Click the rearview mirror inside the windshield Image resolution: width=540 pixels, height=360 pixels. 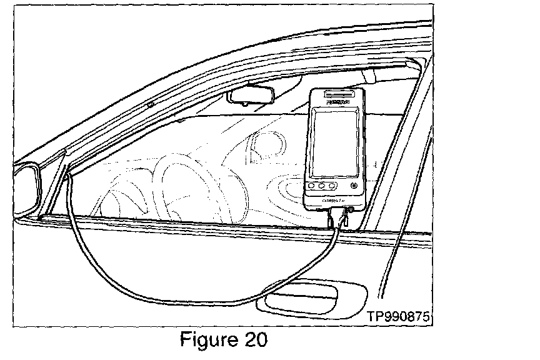(x=248, y=96)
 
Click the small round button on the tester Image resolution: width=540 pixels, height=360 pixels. (x=354, y=185)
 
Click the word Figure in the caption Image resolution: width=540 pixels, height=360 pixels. (x=207, y=341)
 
